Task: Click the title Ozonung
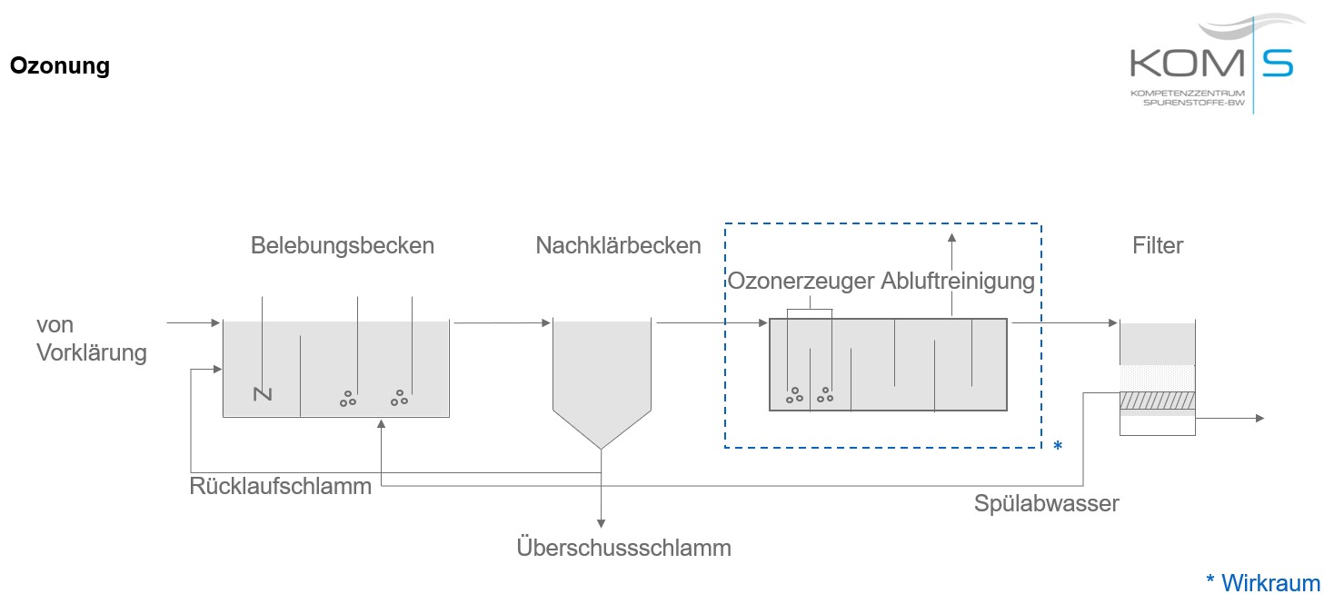tap(60, 66)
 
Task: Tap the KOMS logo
tap(1211, 64)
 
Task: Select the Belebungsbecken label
tap(343, 245)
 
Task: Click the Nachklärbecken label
tap(618, 245)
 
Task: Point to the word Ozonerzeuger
tap(801, 282)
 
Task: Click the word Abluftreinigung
tap(958, 282)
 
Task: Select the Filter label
tap(1158, 245)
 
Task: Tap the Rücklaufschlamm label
tap(281, 486)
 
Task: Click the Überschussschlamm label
tap(623, 548)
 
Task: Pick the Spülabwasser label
tap(1046, 502)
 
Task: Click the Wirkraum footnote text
tap(1269, 582)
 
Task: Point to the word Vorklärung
tap(91, 352)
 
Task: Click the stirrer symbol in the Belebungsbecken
tap(263, 393)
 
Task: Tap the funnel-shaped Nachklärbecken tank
tap(602, 381)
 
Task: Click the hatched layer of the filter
tap(1157, 401)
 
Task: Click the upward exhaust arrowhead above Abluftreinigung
tap(951, 238)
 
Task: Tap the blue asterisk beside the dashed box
tap(1057, 446)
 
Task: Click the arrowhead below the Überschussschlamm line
tap(601, 522)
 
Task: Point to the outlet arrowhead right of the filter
tap(1259, 418)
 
